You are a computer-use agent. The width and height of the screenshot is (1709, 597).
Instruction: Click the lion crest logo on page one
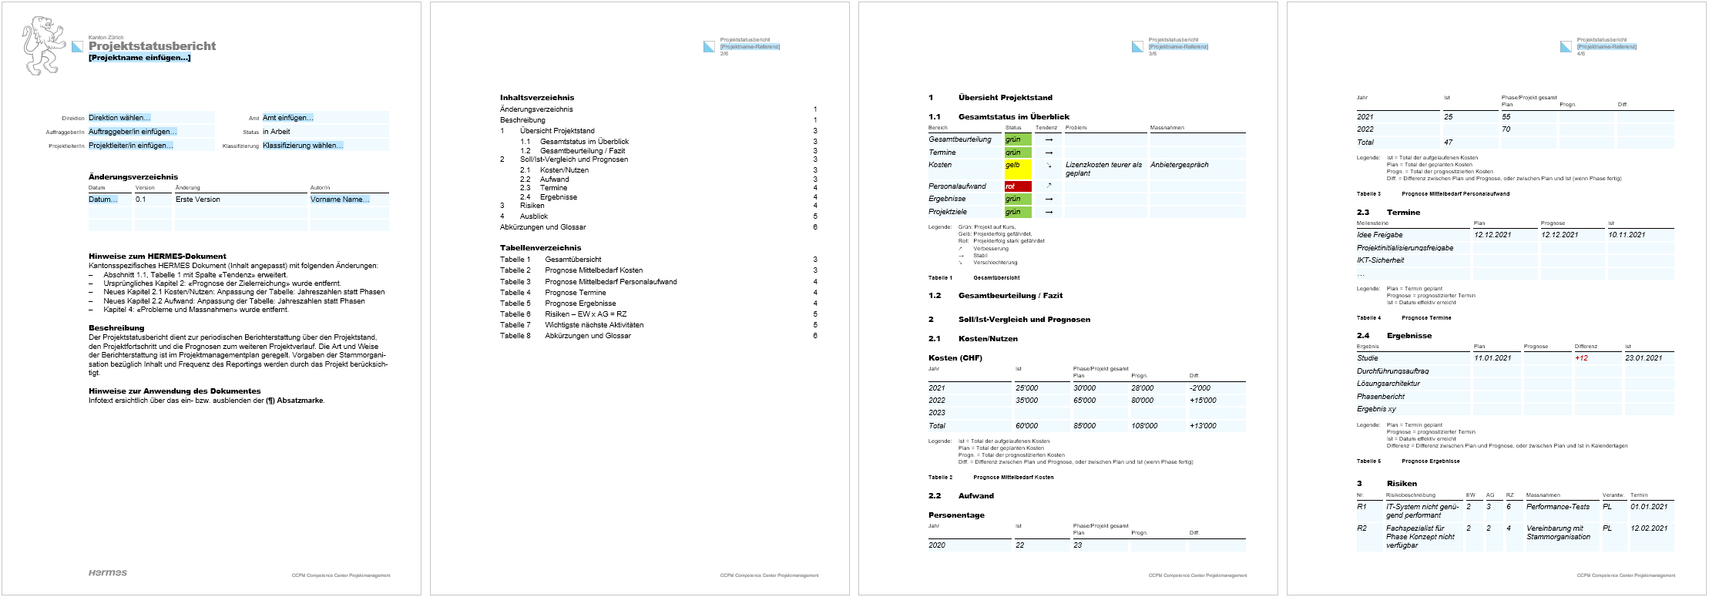(x=43, y=46)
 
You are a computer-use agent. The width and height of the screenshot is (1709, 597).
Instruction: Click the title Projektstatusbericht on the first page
(x=152, y=46)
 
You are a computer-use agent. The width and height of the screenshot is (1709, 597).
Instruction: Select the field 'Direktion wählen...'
(x=119, y=118)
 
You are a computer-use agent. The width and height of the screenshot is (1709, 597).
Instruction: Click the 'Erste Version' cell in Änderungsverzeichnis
(x=198, y=200)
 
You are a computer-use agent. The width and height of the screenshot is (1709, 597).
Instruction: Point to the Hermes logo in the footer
(x=107, y=572)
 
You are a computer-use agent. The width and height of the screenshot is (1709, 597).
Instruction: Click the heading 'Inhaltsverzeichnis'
(x=537, y=98)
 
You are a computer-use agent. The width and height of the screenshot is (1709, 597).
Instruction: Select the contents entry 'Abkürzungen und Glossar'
(x=543, y=227)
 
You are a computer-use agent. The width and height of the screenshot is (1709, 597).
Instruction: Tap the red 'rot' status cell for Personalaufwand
(x=1017, y=186)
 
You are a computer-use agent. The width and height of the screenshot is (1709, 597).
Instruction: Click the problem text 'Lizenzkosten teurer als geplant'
(x=1103, y=169)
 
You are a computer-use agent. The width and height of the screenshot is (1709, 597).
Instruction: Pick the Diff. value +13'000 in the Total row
(x=1203, y=426)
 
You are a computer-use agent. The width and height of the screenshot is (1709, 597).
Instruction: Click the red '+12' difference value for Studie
(x=1581, y=358)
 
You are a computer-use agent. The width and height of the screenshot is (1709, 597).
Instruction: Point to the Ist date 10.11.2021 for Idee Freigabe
(x=1627, y=235)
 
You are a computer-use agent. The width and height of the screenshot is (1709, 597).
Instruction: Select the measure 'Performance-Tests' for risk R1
(x=1558, y=507)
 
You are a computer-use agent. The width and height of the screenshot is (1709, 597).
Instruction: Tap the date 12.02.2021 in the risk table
(x=1649, y=528)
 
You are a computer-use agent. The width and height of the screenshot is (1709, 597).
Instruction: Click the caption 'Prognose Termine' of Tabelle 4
(x=1426, y=318)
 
